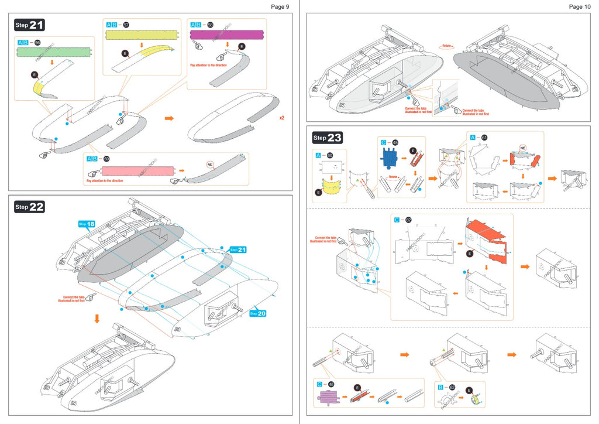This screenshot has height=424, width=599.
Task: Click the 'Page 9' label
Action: [280, 6]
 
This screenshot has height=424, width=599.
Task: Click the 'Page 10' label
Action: [580, 6]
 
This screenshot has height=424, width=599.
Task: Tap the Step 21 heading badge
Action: [29, 25]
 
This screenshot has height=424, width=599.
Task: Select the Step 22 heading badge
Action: [29, 207]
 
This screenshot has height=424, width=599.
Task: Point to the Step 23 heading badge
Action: [328, 138]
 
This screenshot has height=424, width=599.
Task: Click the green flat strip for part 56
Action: [54, 52]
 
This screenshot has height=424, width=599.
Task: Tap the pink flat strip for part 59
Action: [138, 171]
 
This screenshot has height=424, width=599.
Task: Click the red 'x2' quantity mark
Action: [281, 118]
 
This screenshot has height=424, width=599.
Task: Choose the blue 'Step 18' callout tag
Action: [86, 224]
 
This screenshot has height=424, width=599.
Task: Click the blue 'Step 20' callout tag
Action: [258, 313]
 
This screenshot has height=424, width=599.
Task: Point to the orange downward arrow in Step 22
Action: [97, 319]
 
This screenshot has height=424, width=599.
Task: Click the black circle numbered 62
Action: [408, 220]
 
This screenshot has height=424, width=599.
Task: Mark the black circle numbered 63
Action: [452, 387]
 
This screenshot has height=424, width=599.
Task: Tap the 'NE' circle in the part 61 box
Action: [523, 148]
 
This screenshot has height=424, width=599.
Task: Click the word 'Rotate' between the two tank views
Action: [447, 45]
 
